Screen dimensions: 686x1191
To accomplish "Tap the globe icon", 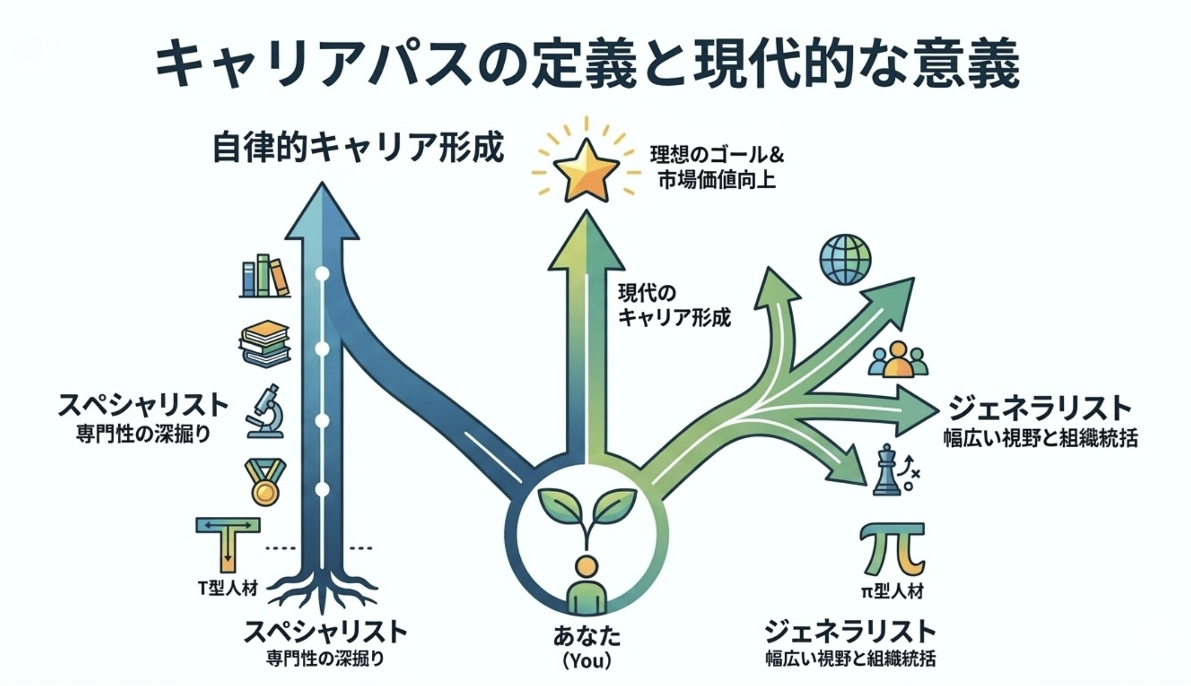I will click(845, 259).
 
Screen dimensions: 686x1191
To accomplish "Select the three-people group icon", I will click(898, 359).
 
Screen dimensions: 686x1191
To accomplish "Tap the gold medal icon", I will click(265, 482).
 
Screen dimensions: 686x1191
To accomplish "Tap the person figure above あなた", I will click(587, 586).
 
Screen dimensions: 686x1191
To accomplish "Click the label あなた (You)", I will click(587, 648).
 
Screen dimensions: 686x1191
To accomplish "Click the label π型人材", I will click(892, 591).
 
